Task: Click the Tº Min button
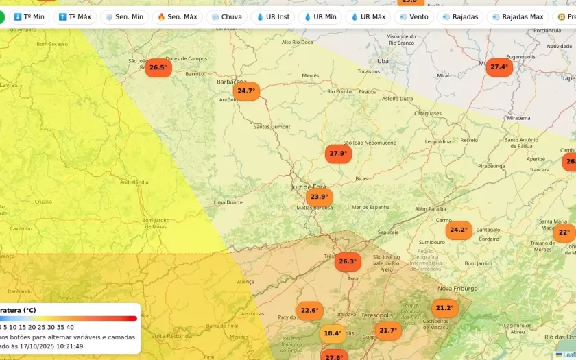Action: (x=29, y=16)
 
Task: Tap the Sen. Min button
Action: (x=124, y=16)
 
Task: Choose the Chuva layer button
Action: (x=226, y=16)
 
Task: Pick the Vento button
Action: (x=413, y=16)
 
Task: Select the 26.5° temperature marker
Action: (x=158, y=67)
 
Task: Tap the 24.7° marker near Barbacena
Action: (x=245, y=91)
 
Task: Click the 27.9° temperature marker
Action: (x=338, y=154)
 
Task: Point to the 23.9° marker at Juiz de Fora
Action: (x=319, y=197)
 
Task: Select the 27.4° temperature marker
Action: (x=499, y=67)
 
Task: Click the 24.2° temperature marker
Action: (x=458, y=230)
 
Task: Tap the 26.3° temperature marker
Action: (x=348, y=261)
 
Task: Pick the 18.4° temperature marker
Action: (x=333, y=334)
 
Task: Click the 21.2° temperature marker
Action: (x=444, y=308)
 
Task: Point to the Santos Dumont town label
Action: (x=272, y=127)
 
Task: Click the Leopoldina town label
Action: (x=438, y=141)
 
